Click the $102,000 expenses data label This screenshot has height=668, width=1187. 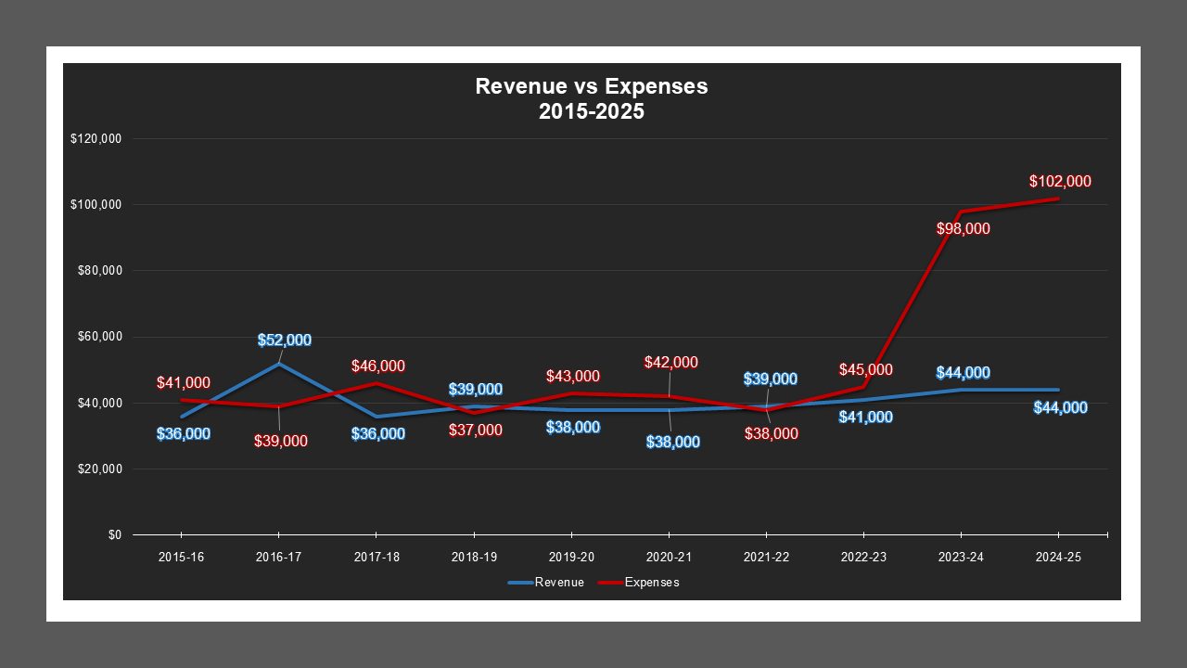[1060, 182]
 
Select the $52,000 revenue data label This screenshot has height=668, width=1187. [285, 340]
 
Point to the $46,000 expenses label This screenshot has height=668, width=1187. [378, 366]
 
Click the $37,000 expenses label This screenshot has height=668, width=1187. [476, 430]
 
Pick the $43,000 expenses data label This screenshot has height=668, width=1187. [573, 377]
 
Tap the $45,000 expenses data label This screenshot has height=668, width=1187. [866, 370]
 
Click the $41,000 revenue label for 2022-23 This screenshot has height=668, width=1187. [866, 417]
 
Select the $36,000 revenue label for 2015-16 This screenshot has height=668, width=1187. [183, 433]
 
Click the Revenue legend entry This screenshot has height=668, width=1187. [546, 583]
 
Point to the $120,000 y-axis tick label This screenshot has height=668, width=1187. [96, 138]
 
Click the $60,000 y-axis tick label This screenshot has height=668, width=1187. [98, 337]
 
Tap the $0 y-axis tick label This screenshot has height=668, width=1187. [114, 535]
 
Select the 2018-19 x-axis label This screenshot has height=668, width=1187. [473, 558]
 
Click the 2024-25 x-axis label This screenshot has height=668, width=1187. [1058, 558]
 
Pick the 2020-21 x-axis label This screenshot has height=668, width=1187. [669, 558]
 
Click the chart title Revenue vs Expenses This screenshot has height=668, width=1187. [592, 87]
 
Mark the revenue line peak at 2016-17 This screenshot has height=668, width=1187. [278, 364]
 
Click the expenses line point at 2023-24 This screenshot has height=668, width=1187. [961, 212]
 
